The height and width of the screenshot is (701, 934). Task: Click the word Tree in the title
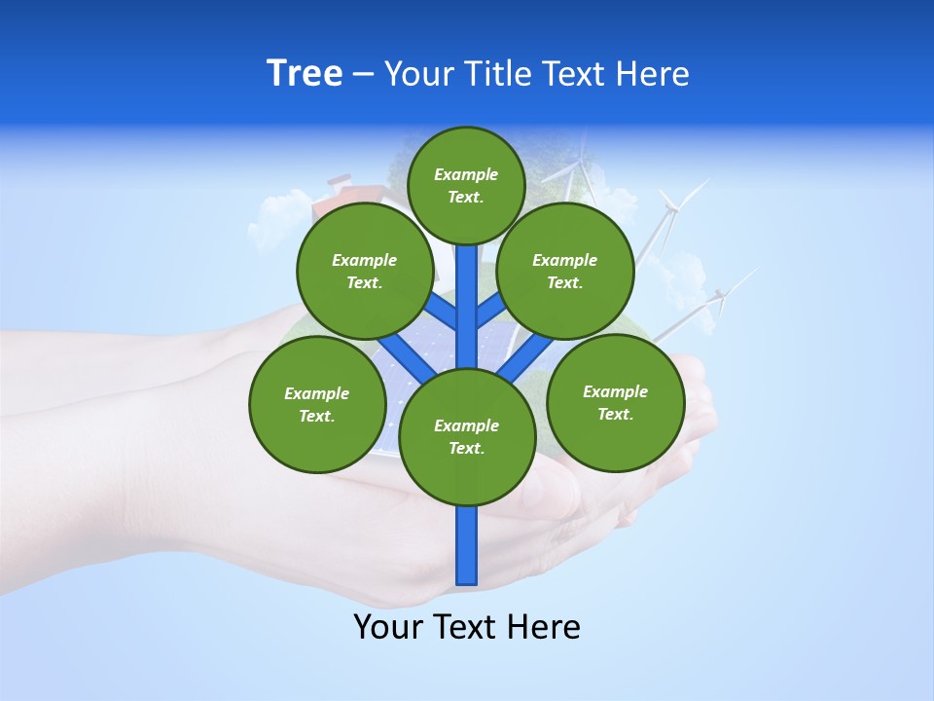click(305, 73)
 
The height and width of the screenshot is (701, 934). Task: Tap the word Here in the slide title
click(652, 73)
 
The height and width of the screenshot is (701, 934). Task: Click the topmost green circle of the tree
click(466, 185)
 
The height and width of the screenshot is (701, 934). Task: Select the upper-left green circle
click(364, 271)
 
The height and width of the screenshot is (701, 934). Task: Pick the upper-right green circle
click(564, 271)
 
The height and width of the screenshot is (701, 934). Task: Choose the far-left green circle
click(316, 404)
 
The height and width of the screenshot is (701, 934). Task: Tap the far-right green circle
click(615, 402)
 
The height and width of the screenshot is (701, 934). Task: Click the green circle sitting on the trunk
click(467, 436)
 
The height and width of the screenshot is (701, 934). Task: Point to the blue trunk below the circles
click(467, 545)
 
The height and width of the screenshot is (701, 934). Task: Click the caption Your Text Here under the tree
click(467, 627)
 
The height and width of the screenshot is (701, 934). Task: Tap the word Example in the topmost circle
click(466, 174)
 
